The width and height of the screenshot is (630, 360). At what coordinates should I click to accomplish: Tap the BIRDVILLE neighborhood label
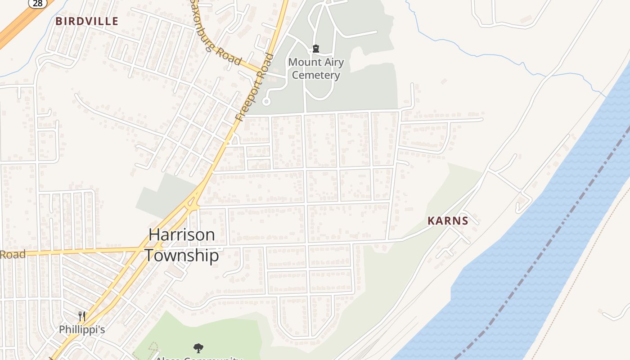[x=87, y=21]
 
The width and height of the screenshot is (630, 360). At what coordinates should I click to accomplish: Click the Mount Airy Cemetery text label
[x=316, y=68]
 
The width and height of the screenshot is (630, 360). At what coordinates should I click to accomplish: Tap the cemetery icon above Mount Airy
[x=316, y=49]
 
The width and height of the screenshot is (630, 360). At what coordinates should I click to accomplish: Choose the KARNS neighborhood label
[x=448, y=221]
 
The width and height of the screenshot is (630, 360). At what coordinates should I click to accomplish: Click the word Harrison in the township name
[x=182, y=234]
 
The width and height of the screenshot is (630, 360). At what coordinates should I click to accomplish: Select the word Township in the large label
[x=182, y=255]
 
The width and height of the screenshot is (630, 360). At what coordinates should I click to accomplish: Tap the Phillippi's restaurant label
[x=82, y=329]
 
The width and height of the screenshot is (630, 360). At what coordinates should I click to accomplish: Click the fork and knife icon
[x=82, y=316]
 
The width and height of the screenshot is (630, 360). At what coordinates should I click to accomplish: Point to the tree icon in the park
[x=198, y=348]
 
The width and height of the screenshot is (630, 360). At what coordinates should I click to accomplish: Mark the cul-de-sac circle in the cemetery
[x=266, y=102]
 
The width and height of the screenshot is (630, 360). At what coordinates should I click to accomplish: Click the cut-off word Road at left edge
[x=13, y=254]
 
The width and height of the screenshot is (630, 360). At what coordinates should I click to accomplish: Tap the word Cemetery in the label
[x=316, y=75]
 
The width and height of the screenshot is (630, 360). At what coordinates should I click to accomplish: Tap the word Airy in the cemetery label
[x=333, y=62]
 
